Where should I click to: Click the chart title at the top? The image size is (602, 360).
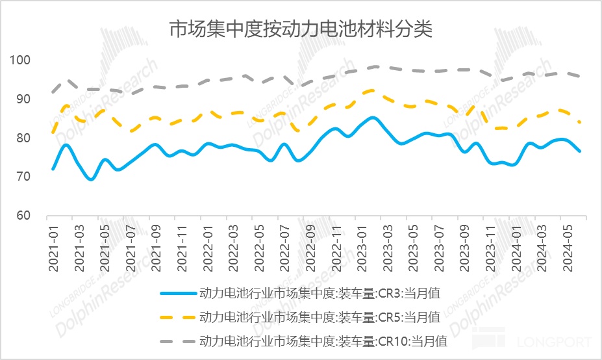[x=301, y=29]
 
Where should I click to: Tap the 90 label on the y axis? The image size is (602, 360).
[x=24, y=99]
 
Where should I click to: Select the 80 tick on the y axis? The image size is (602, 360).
[x=24, y=138]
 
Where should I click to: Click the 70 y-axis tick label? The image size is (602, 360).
[x=24, y=176]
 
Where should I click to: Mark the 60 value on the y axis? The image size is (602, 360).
[x=24, y=215]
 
